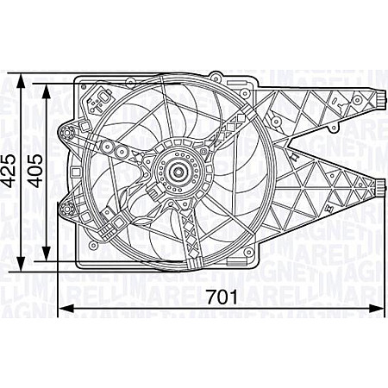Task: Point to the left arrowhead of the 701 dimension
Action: tap(61, 309)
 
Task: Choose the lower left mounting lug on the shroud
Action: tap(66, 207)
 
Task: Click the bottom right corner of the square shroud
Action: tap(256, 262)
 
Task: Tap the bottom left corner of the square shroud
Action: tap(78, 262)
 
